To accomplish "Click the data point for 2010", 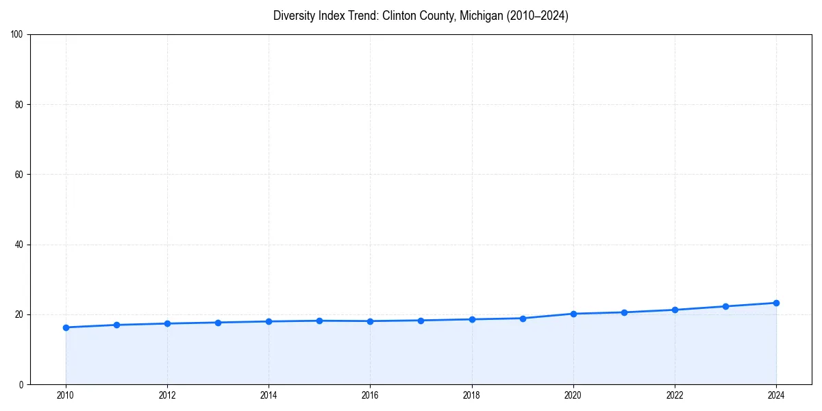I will coord(66,327).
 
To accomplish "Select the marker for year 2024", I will coord(776,303).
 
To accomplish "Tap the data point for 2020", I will coord(573,314).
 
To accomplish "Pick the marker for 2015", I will coord(319,321).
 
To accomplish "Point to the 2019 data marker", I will coord(523,319).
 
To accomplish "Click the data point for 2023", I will coord(725,306).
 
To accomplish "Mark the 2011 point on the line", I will coord(116,325).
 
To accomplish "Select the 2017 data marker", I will coord(421,321).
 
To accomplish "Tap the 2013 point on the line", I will coord(218,323).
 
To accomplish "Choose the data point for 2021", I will coord(624,312).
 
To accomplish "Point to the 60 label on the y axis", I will coord(19,175).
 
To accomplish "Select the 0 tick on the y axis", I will coord(21,384).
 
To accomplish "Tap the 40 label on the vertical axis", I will coord(19,245).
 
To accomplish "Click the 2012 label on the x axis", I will coord(167,395).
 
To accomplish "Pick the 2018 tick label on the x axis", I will coord(471,395).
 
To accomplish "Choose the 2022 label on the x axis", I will coord(675,395).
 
